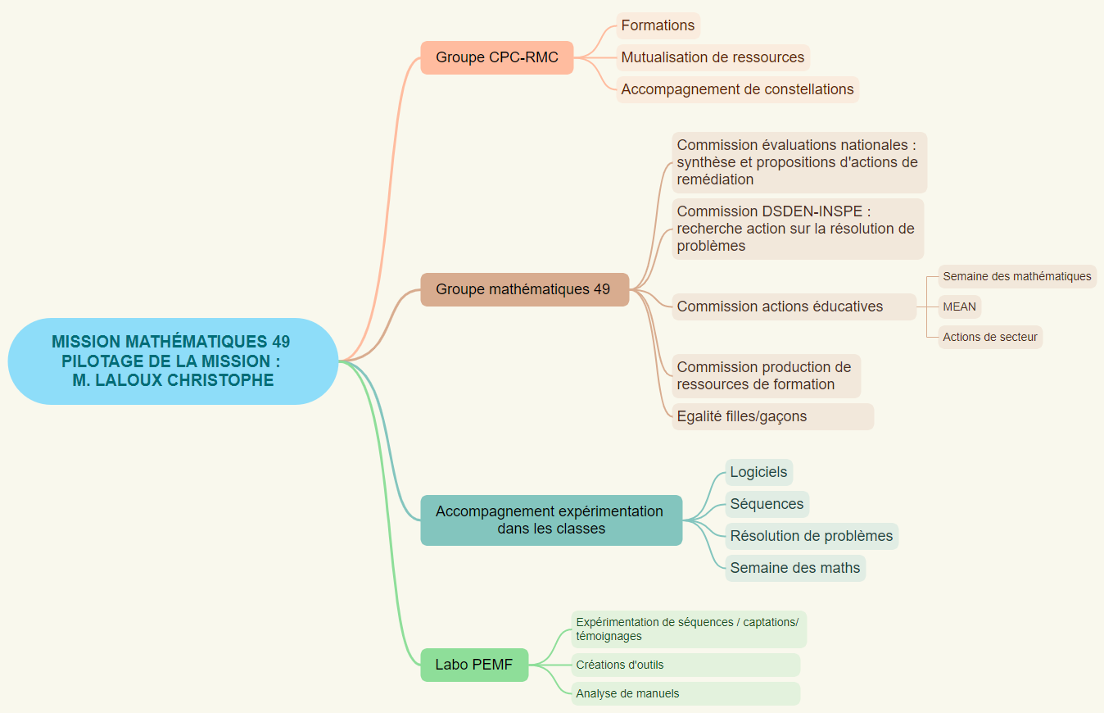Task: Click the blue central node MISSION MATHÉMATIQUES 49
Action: (173, 361)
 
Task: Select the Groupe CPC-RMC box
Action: (496, 57)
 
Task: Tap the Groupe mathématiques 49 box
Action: (524, 289)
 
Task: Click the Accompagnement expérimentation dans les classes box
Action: (550, 520)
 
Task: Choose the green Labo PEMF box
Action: (474, 665)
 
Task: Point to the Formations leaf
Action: (658, 25)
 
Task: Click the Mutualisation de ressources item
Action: (713, 57)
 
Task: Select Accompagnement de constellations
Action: (737, 89)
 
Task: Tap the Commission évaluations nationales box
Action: (799, 162)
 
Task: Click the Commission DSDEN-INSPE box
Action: (797, 229)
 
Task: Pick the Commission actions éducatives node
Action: (793, 307)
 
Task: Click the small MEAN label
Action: (959, 307)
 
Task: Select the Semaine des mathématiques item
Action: (1016, 276)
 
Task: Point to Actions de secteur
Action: (989, 337)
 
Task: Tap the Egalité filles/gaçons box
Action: (771, 416)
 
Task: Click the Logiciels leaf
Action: (758, 472)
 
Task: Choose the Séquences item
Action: (767, 504)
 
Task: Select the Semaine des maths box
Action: (794, 568)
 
